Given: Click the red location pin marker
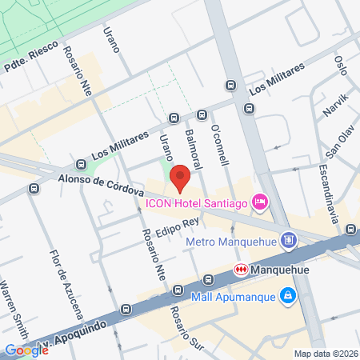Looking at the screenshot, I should coord(180,178).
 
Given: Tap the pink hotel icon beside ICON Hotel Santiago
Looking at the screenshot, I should coord(259,203).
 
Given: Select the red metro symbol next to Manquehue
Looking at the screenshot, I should coord(240,270).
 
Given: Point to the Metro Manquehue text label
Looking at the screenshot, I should coord(230,240).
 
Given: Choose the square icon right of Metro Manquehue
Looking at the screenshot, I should coord(289,240).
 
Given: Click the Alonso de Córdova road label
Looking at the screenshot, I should coord(99,186).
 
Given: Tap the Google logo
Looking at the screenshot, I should coord(26,350).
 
